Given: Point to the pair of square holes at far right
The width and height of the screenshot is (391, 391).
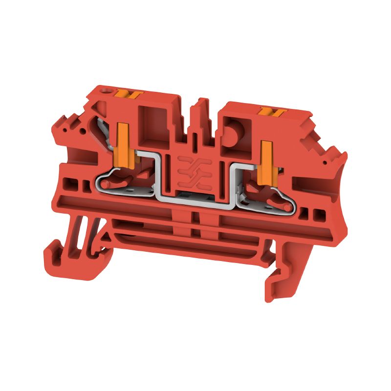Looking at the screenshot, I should pyautogui.click(x=313, y=214).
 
